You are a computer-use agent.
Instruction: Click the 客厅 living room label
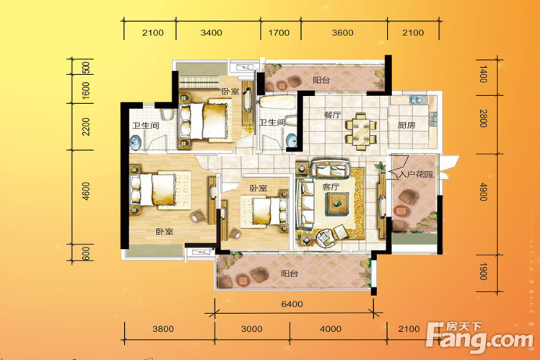pyautogui.click(x=331, y=188)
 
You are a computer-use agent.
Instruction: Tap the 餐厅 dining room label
pyautogui.click(x=332, y=115)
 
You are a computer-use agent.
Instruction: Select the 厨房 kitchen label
pyautogui.click(x=406, y=126)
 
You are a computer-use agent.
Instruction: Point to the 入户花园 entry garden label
pyautogui.click(x=416, y=175)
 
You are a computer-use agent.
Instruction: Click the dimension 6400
pyautogui.click(x=292, y=304)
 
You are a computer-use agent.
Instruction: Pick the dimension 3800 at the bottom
pyautogui.click(x=163, y=329)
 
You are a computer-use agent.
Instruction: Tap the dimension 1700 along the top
pyautogui.click(x=279, y=32)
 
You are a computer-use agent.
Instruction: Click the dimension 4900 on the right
pyautogui.click(x=483, y=192)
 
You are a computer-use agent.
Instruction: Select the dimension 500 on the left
pyautogui.click(x=86, y=68)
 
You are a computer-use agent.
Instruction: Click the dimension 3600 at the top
pyautogui.click(x=343, y=32)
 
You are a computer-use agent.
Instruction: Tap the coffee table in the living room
pyautogui.click(x=337, y=203)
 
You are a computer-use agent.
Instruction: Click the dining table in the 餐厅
pyautogui.click(x=361, y=132)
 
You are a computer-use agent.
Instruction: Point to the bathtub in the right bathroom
pyautogui.click(x=277, y=102)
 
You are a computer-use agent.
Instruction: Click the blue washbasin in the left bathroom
pyautogui.click(x=136, y=142)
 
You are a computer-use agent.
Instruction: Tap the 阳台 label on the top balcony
pyautogui.click(x=322, y=80)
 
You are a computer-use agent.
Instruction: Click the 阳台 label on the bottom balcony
pyautogui.click(x=289, y=274)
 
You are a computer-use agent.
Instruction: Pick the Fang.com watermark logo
pyautogui.click(x=479, y=336)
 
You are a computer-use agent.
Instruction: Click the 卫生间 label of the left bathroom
pyautogui.click(x=146, y=126)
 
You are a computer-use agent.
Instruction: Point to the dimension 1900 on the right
pyautogui.click(x=483, y=271)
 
